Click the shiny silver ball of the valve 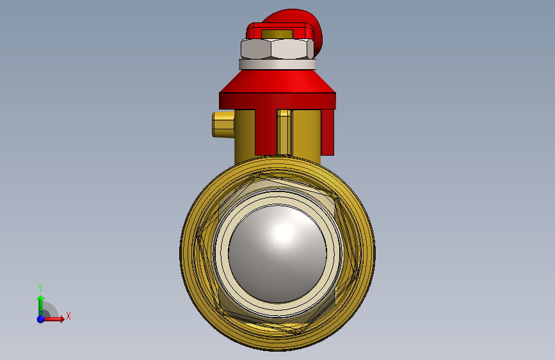278,254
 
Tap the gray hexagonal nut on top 277,49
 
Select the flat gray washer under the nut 278,65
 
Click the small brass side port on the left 223,124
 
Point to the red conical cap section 278,81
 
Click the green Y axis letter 40,288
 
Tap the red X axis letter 68,316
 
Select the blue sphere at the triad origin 41,319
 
